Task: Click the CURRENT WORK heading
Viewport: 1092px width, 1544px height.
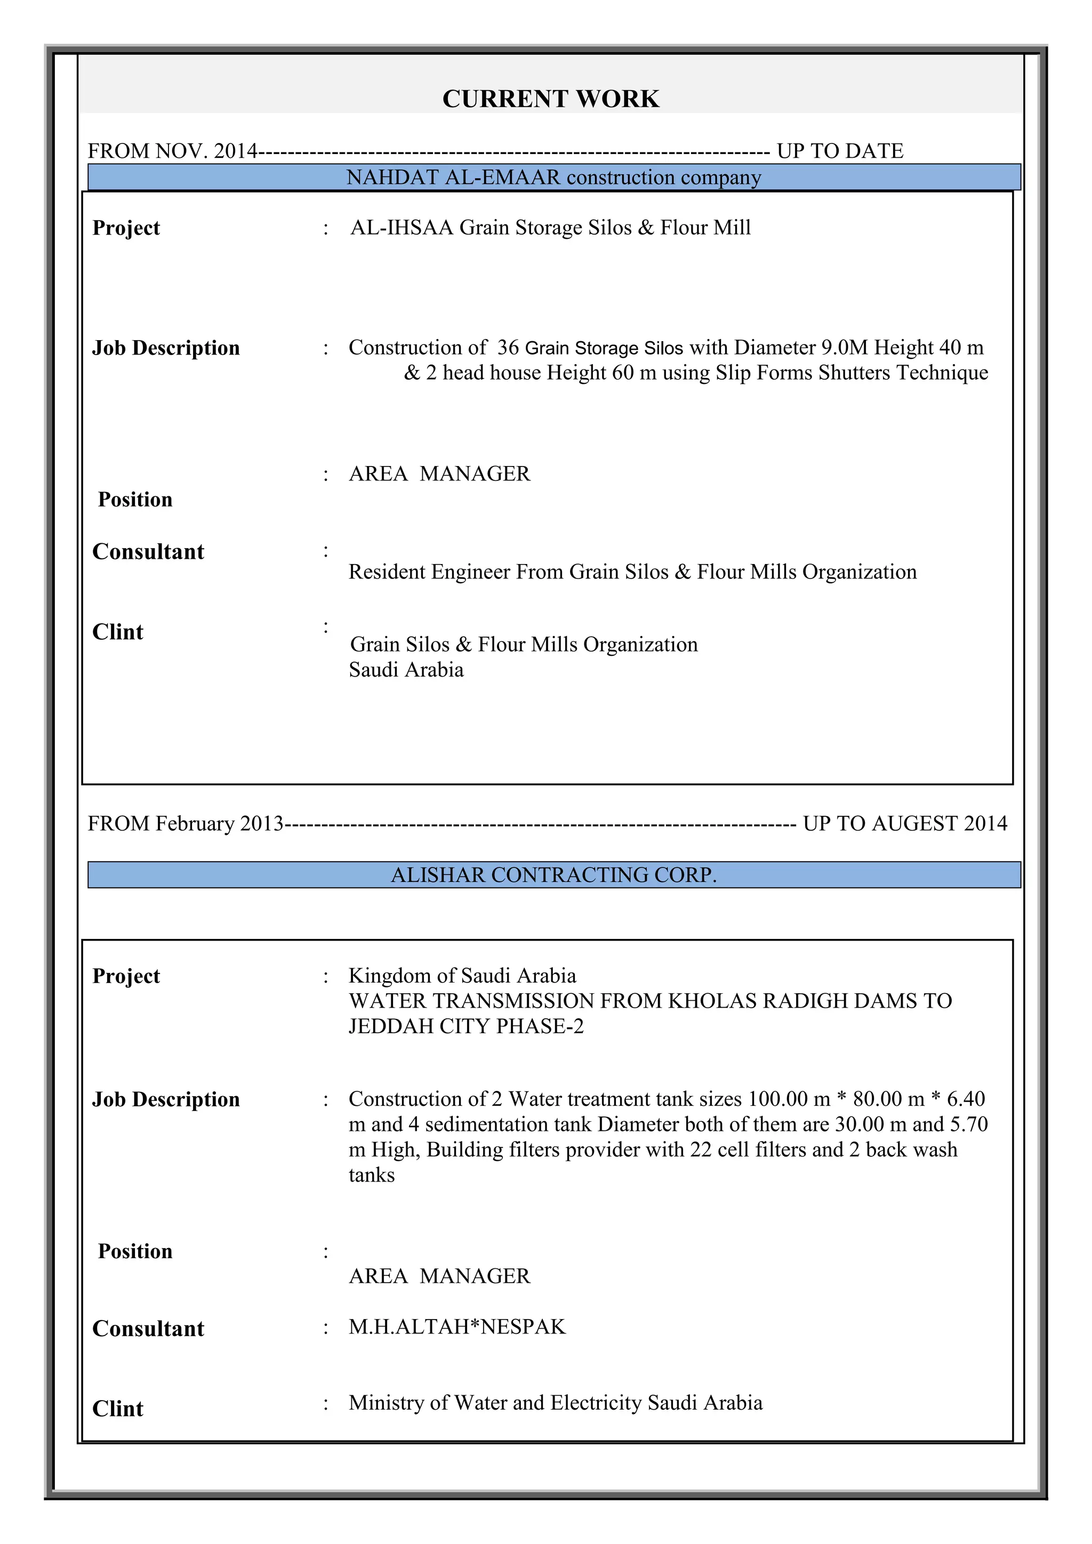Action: [550, 99]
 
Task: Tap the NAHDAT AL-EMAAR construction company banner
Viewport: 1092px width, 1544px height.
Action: [553, 178]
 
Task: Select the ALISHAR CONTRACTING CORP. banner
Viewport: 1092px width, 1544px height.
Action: [553, 875]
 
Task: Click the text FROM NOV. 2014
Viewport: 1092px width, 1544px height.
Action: [172, 151]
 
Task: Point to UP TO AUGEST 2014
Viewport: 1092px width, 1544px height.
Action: [905, 824]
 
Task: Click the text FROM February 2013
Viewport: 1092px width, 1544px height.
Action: [186, 824]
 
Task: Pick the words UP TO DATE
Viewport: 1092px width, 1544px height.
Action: [840, 151]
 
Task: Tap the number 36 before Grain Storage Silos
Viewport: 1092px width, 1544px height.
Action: [508, 348]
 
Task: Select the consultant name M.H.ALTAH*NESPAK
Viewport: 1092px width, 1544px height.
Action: [457, 1327]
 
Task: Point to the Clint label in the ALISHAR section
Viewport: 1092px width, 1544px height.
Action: [118, 1409]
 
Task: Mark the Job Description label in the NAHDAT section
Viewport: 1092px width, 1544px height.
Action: [166, 348]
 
